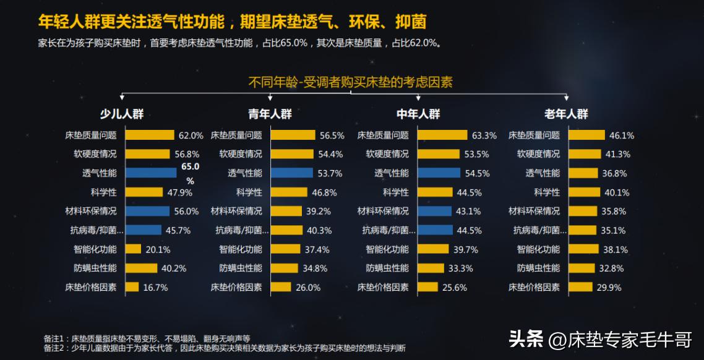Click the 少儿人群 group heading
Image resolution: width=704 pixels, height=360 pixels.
pos(122,114)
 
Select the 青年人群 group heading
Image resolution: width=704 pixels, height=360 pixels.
pos(270,114)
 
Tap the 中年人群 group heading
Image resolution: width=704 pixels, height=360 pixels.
pos(418,114)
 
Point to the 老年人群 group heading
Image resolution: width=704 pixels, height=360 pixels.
pos(566,114)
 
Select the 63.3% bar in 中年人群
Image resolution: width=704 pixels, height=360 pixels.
pos(442,135)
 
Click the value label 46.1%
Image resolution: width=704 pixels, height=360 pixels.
pos(622,135)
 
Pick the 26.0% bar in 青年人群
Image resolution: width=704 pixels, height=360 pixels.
pos(281,288)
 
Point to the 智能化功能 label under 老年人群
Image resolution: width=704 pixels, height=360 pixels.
pos(538,249)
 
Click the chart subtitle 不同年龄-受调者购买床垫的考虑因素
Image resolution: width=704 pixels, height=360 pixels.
pos(351,82)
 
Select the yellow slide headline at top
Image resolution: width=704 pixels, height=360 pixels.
pos(232,22)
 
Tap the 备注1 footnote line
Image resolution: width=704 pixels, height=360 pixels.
pos(147,338)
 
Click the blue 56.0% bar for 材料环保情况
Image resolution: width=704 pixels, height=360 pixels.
pos(147,211)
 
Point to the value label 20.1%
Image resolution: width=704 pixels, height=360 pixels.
pos(157,250)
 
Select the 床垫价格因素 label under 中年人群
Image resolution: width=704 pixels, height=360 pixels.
pos(383,288)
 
